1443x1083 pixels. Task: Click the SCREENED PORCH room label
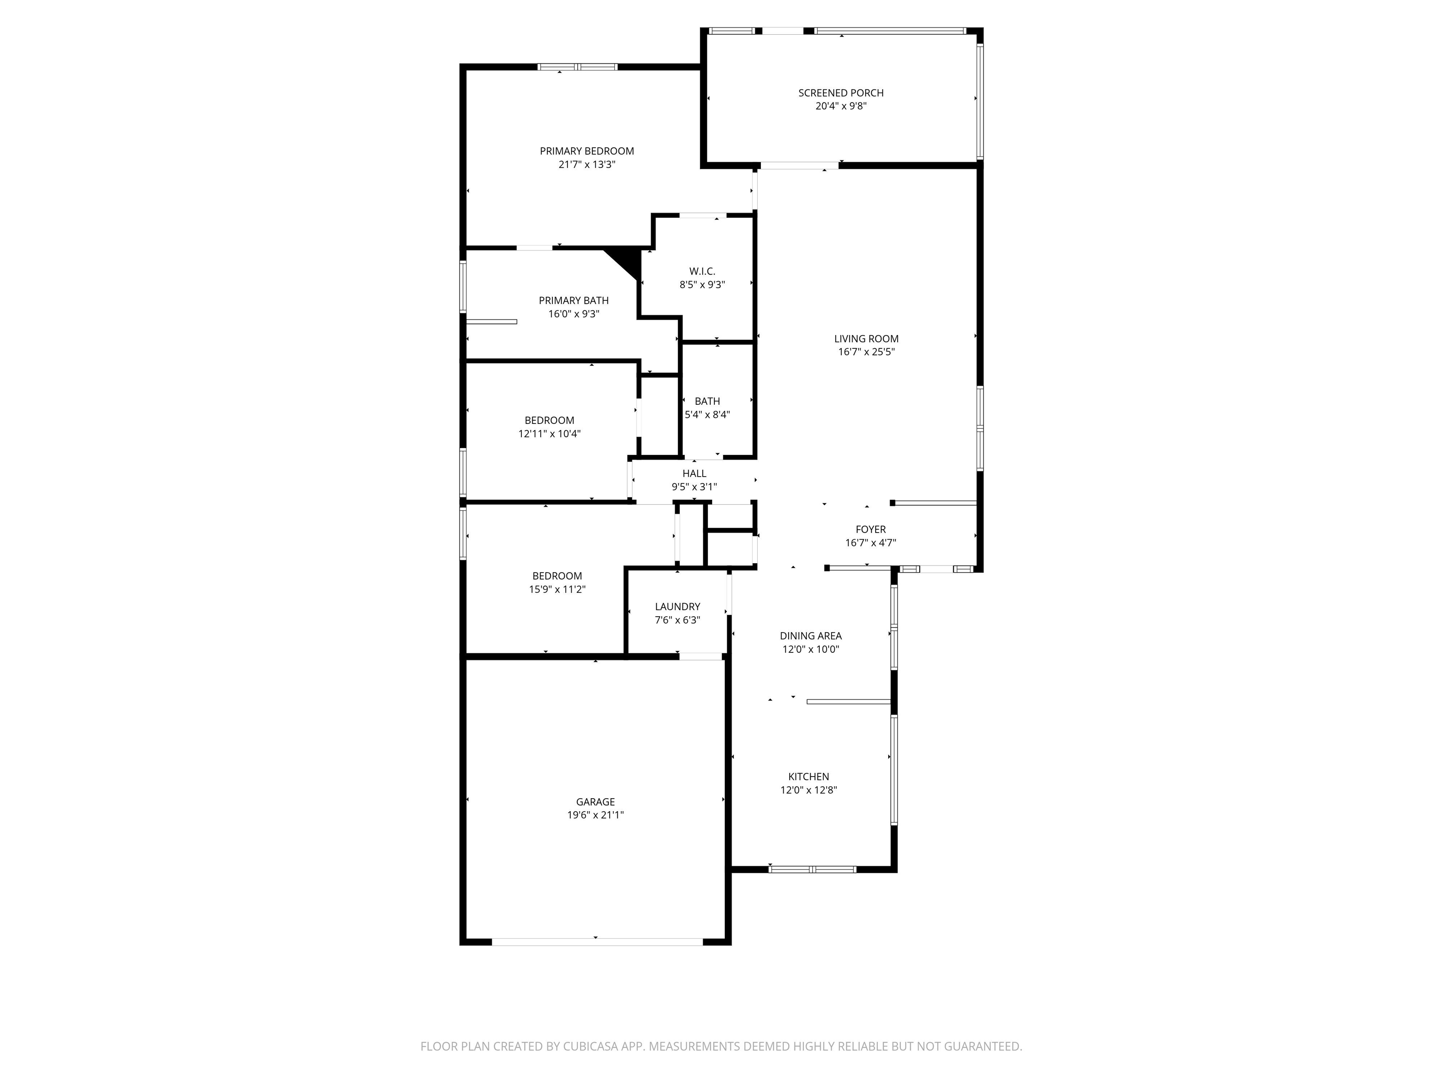(x=841, y=93)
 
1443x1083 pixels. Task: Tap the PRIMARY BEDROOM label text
(x=587, y=151)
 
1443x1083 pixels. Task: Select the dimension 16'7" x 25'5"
(x=866, y=352)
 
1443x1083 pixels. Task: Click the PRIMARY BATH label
(x=574, y=300)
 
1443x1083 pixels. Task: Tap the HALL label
(x=694, y=473)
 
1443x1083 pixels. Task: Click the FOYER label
(x=871, y=529)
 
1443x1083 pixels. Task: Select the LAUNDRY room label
(x=677, y=606)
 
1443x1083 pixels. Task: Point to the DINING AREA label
(x=811, y=636)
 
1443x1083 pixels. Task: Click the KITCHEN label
(x=809, y=777)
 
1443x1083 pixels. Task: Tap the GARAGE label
(x=595, y=801)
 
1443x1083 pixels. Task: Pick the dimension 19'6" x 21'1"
(x=596, y=815)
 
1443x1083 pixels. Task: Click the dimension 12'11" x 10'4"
(x=549, y=433)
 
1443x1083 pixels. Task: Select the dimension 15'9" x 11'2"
(x=557, y=589)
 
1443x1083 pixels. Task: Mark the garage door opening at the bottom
(x=597, y=942)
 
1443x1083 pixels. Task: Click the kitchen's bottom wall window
(x=812, y=869)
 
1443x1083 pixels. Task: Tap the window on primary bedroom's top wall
(x=577, y=67)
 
